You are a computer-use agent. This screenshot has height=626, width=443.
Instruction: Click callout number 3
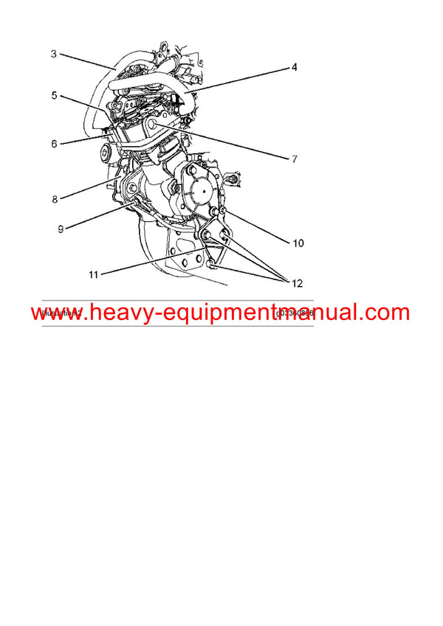(54, 53)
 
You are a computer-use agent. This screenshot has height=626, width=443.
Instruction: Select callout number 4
(294, 67)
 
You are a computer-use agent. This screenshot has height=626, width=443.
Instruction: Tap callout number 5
(54, 95)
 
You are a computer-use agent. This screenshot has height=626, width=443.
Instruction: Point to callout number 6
(54, 144)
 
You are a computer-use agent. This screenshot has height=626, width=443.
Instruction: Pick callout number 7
(294, 158)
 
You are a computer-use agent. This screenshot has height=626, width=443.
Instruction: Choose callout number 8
(54, 198)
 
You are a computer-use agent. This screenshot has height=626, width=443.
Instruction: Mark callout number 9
(61, 229)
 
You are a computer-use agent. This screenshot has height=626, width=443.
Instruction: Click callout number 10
(298, 243)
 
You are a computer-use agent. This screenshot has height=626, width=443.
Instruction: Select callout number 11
(94, 274)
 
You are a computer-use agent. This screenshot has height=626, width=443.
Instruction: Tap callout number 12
(297, 282)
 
